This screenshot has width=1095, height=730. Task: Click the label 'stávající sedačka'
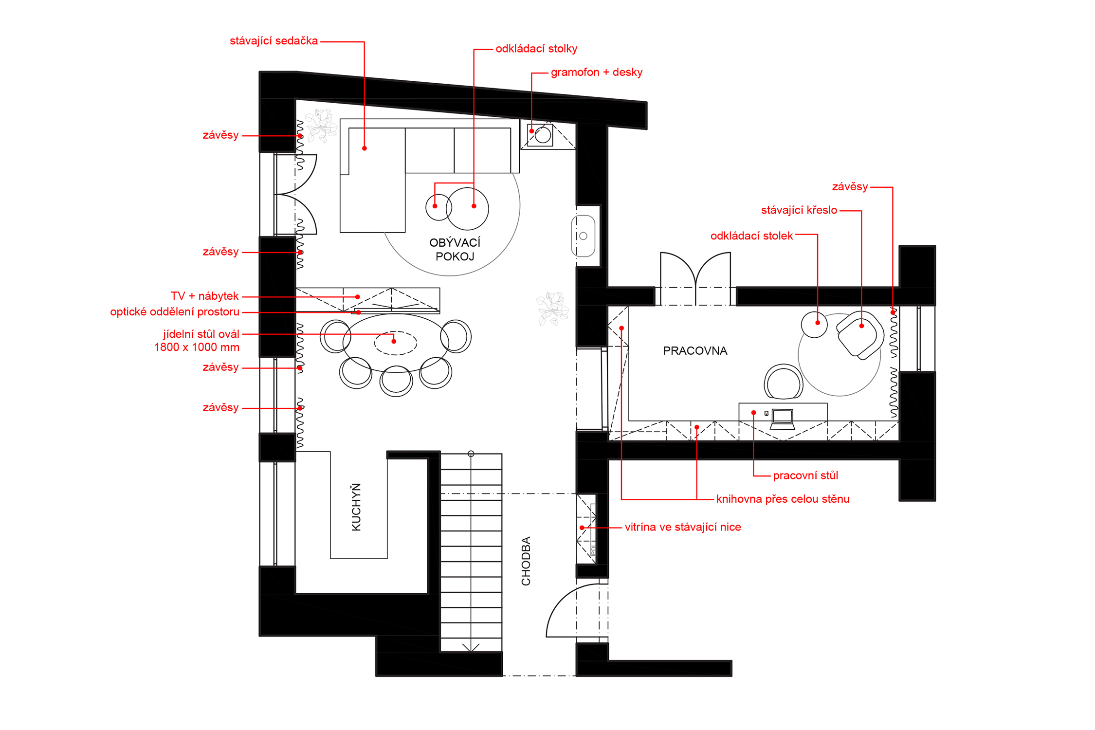coord(274,41)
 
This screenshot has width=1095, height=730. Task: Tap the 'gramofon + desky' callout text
coord(597,72)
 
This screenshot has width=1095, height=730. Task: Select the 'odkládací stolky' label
coord(536,49)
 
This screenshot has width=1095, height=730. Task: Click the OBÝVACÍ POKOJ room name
coord(455,249)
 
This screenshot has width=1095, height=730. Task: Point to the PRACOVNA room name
coord(695,351)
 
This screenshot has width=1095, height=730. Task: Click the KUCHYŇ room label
coord(356,507)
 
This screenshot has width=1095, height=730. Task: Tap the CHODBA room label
coord(526,561)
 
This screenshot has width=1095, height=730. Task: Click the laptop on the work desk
coord(783,419)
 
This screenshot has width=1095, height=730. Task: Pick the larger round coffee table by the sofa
coord(467,209)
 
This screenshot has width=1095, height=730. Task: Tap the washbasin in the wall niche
coord(583,236)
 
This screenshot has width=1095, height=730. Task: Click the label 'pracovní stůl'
coord(805,475)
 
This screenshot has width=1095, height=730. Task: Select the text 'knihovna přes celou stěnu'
coord(783,499)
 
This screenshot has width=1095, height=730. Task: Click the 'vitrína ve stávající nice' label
coord(683,527)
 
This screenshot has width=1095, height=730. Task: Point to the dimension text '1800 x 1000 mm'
coord(197,347)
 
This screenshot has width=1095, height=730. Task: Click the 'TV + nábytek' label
coord(204,296)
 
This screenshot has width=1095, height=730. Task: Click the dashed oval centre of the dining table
coord(396,343)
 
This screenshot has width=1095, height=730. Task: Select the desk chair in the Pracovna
coord(784,383)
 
